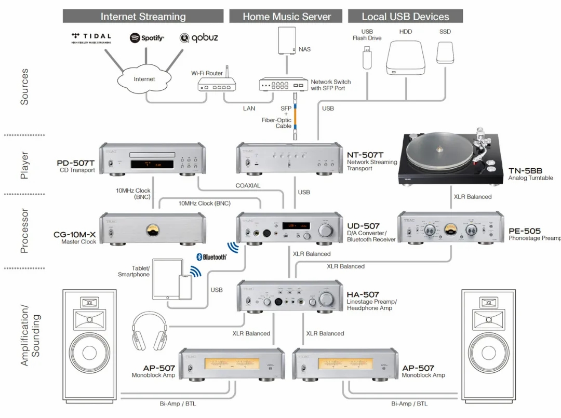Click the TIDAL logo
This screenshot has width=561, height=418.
[x=91, y=38]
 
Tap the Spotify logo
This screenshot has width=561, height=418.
[x=146, y=38]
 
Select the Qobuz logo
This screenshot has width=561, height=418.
[x=199, y=38]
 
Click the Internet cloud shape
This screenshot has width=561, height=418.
[x=144, y=79]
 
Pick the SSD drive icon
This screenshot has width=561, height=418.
[x=445, y=52]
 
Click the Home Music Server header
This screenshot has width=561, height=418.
[x=287, y=16]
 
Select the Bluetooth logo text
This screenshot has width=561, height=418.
[x=211, y=257]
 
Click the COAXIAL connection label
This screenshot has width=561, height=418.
[x=248, y=185]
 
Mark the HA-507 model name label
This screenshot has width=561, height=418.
[x=363, y=294]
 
